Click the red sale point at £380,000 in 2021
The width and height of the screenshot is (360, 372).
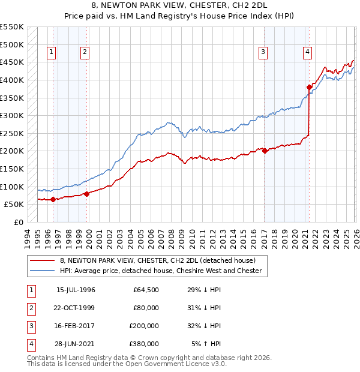coord(310,88)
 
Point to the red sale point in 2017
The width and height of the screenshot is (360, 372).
coord(265,151)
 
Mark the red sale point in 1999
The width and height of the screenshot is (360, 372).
coord(86,194)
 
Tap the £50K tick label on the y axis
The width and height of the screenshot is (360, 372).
coord(14,204)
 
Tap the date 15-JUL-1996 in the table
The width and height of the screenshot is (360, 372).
coord(76,290)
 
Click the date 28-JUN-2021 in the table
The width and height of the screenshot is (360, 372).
coord(76,344)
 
